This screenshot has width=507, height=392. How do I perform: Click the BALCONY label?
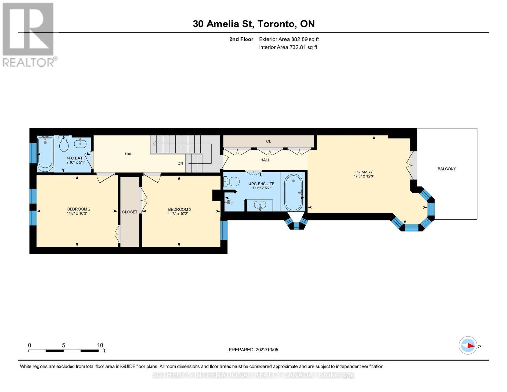[x=447, y=169]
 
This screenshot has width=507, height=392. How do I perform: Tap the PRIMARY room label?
[x=364, y=172]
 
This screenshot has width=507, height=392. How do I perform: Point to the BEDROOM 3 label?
[x=180, y=209]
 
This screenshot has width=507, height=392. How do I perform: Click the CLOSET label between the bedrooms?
[x=130, y=212]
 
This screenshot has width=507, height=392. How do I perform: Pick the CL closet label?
[x=269, y=141]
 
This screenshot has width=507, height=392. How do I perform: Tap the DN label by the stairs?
[x=180, y=163]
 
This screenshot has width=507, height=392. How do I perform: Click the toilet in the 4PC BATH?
[x=64, y=143]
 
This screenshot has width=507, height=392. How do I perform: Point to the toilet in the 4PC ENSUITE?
[x=232, y=182]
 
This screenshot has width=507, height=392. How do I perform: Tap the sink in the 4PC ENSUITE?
[x=260, y=206]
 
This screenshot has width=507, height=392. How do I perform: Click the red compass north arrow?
[x=471, y=346]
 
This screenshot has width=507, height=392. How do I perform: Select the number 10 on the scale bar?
[x=100, y=345]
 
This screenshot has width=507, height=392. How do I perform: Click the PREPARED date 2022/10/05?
[x=267, y=350]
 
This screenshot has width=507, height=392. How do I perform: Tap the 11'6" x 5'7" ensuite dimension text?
[x=261, y=188]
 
